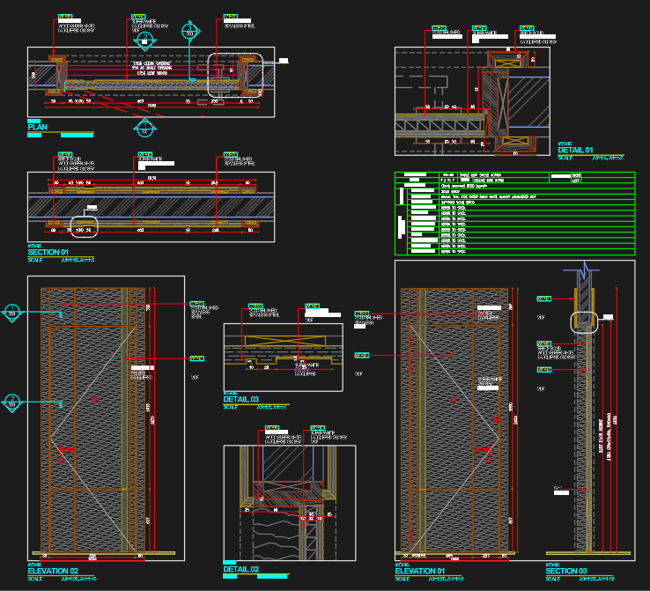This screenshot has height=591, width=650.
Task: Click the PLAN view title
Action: point(38,128)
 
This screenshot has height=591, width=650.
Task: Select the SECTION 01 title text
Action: point(48,253)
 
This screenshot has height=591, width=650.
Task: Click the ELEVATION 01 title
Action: point(421,572)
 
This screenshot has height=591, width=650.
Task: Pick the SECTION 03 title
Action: point(566,572)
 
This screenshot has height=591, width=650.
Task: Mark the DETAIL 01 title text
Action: point(577,151)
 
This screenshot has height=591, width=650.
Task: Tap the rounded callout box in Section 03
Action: point(585,321)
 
